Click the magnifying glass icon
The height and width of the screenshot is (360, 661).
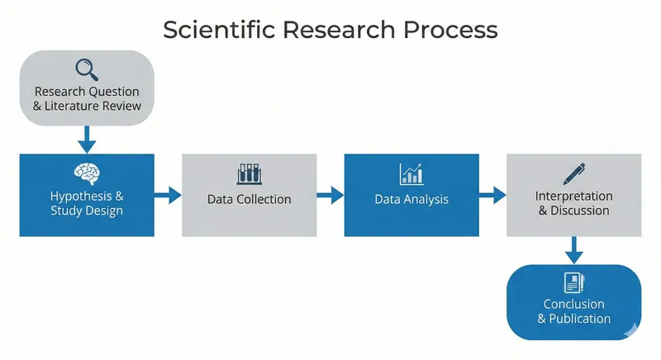pos(87,69)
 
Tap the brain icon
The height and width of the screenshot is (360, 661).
pos(87,173)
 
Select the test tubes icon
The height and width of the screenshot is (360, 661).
pos(249,173)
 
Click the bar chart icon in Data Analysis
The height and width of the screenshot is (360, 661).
pos(411,173)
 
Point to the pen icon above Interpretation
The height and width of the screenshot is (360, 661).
pos(574,173)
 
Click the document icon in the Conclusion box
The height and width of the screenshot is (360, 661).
pos(573,283)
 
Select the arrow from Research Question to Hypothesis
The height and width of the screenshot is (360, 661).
pos(87,137)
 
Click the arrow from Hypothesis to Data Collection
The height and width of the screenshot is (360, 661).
pos(168,195)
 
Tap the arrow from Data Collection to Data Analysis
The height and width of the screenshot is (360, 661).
pos(330,195)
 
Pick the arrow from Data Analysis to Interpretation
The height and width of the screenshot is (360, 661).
pos(492,195)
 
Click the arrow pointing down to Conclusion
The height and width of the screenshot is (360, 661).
pos(574,249)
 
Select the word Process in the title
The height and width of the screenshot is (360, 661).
pos(454,30)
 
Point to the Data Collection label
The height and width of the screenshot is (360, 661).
pos(249,199)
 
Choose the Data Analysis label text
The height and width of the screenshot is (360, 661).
pos(411,199)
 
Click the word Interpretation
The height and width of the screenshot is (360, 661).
pos(574,197)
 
